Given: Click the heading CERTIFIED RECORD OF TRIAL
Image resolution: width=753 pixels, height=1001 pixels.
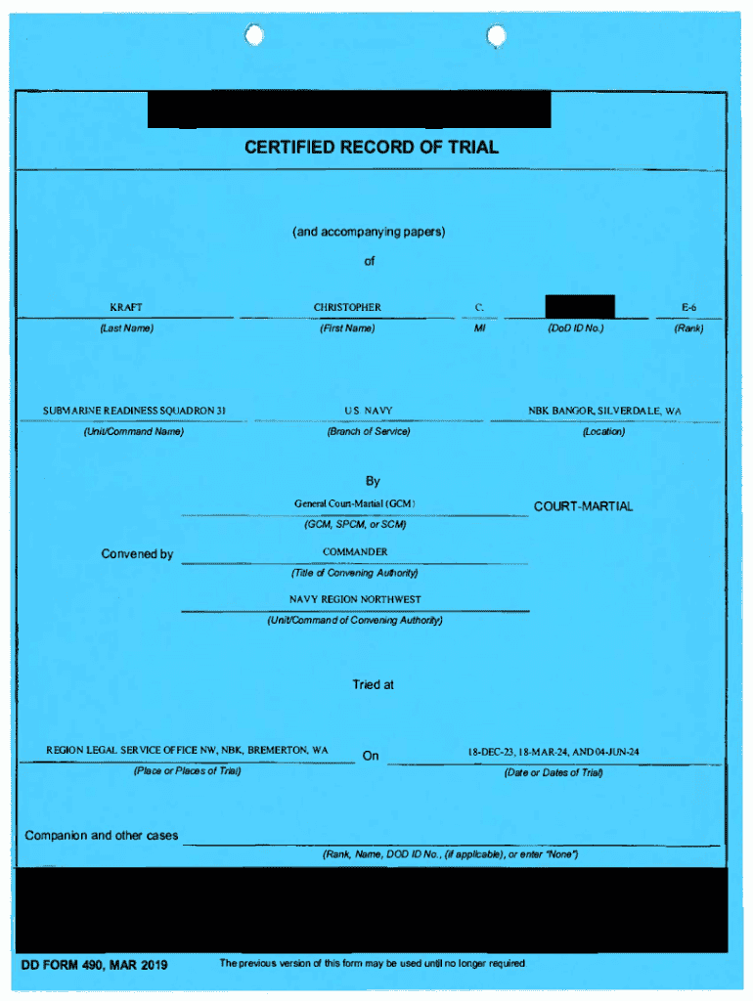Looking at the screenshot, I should (371, 148).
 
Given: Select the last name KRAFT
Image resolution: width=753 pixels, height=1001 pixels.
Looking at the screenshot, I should (126, 308).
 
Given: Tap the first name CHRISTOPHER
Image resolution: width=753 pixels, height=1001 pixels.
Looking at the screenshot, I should (347, 308).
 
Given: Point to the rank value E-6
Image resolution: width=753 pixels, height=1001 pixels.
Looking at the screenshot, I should (688, 308).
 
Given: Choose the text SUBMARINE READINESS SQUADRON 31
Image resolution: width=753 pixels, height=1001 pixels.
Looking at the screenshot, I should (134, 411).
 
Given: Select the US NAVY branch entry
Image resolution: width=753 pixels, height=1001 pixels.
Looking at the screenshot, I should (369, 411).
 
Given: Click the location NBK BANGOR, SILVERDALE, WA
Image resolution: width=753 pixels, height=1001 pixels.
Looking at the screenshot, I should (604, 411).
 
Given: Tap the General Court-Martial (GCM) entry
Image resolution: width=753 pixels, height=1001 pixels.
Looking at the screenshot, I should (355, 503).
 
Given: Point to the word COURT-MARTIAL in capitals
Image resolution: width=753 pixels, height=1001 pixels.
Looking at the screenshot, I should (583, 506).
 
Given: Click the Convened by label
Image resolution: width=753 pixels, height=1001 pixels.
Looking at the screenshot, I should (137, 554).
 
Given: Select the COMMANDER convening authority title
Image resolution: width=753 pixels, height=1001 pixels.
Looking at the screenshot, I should (355, 552).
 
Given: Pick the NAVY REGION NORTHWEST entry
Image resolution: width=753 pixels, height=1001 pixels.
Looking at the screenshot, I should (355, 599).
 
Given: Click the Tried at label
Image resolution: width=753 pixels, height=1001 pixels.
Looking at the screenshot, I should (373, 685).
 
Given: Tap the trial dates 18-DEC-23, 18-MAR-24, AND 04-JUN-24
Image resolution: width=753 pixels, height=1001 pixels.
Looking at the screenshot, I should (554, 752).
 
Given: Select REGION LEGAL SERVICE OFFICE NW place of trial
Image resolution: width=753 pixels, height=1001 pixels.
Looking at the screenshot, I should (187, 751).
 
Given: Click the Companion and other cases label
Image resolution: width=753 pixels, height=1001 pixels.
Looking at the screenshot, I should (102, 836).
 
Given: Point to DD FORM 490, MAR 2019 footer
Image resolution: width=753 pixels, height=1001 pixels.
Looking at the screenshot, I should (95, 966).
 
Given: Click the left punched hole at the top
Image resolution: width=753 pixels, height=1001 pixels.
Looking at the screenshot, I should (254, 36).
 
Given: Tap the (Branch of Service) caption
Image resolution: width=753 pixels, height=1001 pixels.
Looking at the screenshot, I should (369, 432).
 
